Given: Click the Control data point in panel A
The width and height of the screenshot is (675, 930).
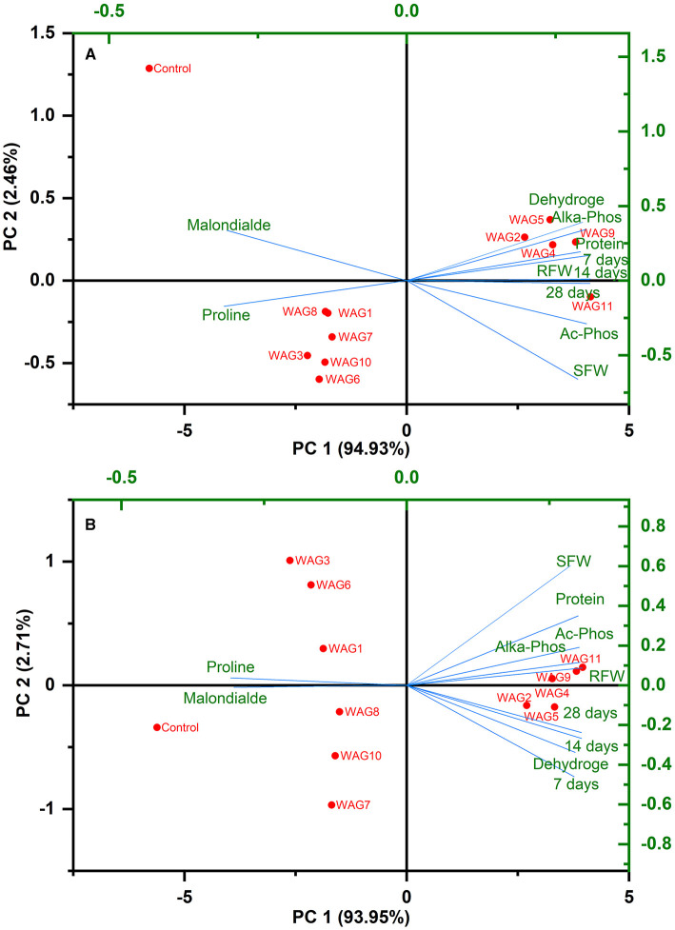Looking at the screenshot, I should [149, 69].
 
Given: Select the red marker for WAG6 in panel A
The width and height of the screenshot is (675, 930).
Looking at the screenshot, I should [320, 379].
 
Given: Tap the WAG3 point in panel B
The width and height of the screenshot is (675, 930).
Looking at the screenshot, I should [290, 561].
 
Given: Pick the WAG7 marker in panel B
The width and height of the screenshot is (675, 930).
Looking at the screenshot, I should [331, 804].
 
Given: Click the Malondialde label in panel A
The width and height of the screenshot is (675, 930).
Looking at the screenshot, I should [228, 226].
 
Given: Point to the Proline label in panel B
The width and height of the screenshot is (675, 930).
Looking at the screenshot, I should [232, 665].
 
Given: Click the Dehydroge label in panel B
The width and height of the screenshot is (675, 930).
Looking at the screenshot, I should [569, 763].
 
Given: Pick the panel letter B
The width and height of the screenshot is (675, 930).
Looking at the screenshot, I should [90, 523].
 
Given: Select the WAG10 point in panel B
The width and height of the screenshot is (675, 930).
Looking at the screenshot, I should [335, 756].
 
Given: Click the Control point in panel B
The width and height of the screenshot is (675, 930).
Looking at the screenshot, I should [157, 727].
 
